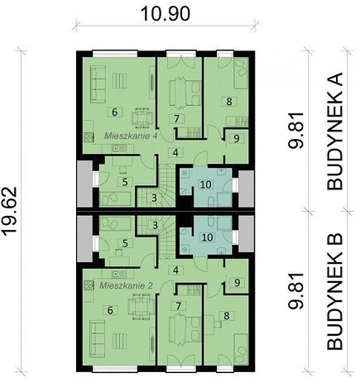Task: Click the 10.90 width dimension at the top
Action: (x=166, y=14)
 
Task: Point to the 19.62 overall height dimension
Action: (x=10, y=212)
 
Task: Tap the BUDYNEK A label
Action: (x=335, y=131)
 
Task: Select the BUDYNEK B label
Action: (x=335, y=292)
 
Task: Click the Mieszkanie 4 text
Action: (x=131, y=136)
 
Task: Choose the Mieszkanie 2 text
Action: (x=126, y=285)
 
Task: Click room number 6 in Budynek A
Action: (x=115, y=112)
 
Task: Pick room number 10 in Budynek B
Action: (x=208, y=237)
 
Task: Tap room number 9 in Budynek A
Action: (x=237, y=139)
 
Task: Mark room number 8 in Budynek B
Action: (x=227, y=316)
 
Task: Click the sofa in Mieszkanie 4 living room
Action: (x=98, y=84)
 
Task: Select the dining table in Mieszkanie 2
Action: (x=141, y=307)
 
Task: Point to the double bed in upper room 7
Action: (x=185, y=92)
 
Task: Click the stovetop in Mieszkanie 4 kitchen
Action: (x=89, y=137)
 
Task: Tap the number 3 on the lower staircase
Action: (x=155, y=226)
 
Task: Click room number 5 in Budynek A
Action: (x=125, y=182)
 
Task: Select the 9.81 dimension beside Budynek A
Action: (x=295, y=131)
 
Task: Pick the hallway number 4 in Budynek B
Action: (x=175, y=270)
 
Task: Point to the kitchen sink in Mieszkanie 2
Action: (x=117, y=274)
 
